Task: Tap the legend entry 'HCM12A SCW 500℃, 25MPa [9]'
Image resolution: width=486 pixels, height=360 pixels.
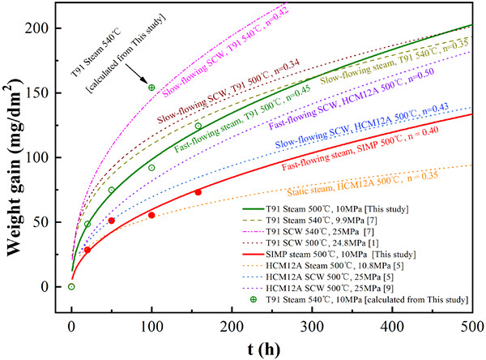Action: tap(311, 288)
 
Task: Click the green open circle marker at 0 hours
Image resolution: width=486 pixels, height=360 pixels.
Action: tap(71, 286)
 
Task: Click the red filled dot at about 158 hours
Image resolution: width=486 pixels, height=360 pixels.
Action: tap(198, 192)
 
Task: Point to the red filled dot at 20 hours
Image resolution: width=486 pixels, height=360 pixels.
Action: tap(87, 250)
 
